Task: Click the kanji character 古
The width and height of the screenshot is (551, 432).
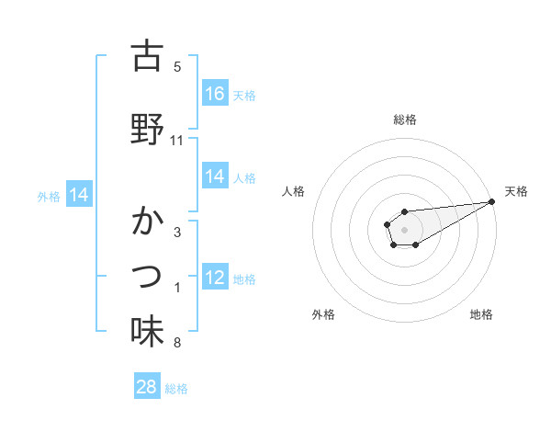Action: click(x=147, y=56)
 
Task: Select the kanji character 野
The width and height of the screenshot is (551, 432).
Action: click(x=147, y=129)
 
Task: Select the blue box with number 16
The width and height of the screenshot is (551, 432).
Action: click(x=215, y=93)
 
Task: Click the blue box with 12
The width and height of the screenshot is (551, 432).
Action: click(x=215, y=278)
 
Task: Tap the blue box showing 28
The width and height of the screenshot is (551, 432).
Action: click(x=147, y=387)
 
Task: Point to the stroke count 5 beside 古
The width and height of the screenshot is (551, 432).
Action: click(x=177, y=67)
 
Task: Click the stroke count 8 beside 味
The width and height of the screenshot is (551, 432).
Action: click(x=177, y=344)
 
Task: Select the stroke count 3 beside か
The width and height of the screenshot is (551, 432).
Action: click(x=177, y=233)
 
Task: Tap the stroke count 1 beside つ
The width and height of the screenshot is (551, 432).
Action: click(x=177, y=289)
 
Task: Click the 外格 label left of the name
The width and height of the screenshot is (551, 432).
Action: click(x=49, y=196)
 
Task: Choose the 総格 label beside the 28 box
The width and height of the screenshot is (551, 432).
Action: click(x=176, y=389)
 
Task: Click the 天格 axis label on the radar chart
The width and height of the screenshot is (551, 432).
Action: click(x=517, y=191)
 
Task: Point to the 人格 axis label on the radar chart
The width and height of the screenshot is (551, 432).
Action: click(x=294, y=191)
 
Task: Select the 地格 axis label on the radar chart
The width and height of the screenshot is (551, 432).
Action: click(x=481, y=314)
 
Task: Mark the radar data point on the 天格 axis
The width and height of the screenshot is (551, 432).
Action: click(x=492, y=201)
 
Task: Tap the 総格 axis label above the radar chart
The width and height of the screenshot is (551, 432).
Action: click(x=405, y=119)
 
